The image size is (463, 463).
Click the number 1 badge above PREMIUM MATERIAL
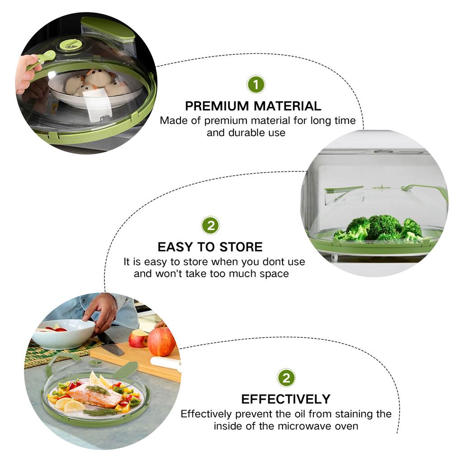pyautogui.click(x=256, y=85)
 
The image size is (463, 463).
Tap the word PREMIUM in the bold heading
pyautogui.click(x=217, y=106)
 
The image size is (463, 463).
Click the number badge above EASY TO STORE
pyautogui.click(x=210, y=225)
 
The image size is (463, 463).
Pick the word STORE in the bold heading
pyautogui.click(x=241, y=247)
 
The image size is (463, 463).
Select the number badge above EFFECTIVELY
pyautogui.click(x=286, y=378)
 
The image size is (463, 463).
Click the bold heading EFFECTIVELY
pyautogui.click(x=286, y=399)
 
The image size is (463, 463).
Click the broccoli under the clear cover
pyautogui.click(x=380, y=227)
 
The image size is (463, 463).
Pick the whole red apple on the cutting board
pyautogui.click(x=161, y=342)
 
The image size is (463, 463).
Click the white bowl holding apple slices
pyautogui.click(x=63, y=334)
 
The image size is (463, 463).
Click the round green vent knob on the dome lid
pyautogui.click(x=71, y=44)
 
